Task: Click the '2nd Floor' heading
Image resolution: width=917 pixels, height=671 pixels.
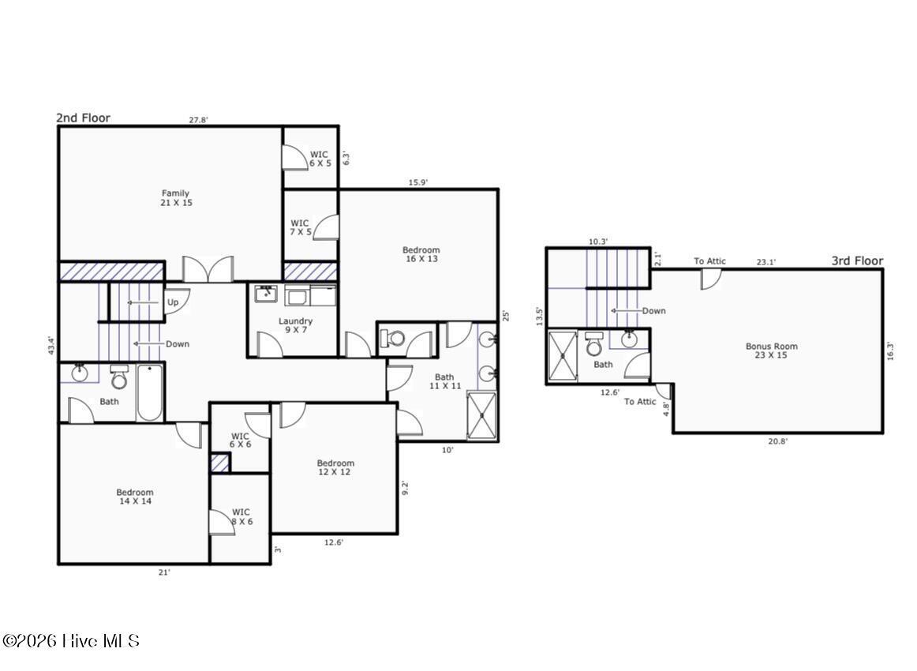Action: (83, 118)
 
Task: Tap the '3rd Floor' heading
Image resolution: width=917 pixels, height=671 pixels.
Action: (857, 261)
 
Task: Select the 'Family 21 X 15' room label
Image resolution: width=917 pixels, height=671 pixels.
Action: (175, 198)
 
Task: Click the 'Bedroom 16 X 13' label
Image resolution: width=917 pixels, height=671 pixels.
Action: (421, 254)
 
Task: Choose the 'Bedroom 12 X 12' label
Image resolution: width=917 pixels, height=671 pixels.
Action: (335, 467)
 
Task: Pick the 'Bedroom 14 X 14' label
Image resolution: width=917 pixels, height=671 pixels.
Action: (135, 497)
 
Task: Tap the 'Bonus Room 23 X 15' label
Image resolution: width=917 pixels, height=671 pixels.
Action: (771, 350)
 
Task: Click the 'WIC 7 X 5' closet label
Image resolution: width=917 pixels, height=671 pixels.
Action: (300, 228)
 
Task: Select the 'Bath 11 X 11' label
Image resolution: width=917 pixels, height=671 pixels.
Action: (444, 381)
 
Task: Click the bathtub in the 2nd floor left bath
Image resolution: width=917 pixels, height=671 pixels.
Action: (150, 392)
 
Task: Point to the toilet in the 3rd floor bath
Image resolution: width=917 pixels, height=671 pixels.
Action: (594, 346)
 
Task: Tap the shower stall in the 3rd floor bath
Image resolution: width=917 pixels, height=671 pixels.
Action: (562, 356)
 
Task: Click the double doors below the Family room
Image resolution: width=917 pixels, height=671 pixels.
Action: (208, 269)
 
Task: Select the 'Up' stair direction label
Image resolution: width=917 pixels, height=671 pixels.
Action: (172, 302)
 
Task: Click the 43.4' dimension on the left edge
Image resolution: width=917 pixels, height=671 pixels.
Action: (51, 345)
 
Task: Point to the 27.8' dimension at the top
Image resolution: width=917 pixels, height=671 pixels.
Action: (198, 120)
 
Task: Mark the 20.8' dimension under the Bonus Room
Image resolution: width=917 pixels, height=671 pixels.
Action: (777, 441)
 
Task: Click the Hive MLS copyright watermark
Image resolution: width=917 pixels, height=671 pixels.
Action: (70, 641)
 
